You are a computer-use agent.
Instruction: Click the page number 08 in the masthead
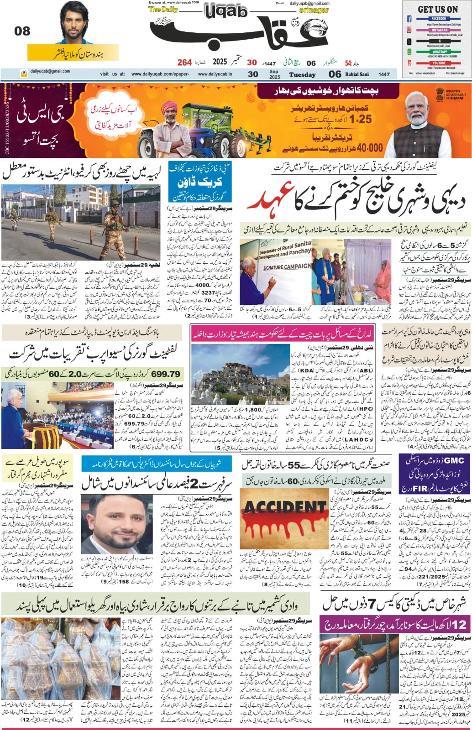tap(22, 31)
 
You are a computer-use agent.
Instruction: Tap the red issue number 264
tap(184, 62)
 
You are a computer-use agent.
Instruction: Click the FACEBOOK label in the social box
tap(436, 19)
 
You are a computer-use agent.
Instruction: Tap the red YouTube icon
tap(409, 63)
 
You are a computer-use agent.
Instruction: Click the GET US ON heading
tap(437, 9)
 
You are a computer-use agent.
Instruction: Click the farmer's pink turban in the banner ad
tap(168, 108)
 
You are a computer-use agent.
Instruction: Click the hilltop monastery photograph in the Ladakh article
tap(239, 385)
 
